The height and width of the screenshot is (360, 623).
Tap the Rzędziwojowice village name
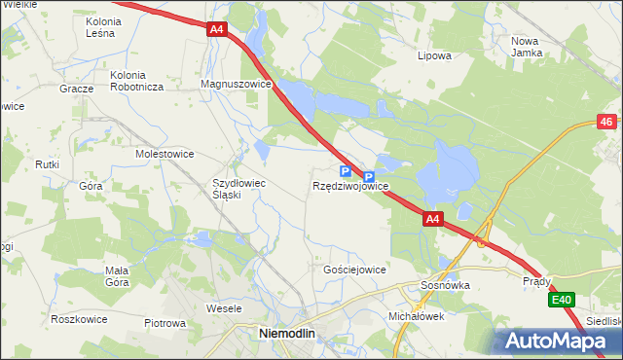[x=351, y=186]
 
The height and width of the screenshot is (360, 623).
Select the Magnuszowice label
[x=235, y=85]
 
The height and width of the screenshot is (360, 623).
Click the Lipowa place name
[x=434, y=55]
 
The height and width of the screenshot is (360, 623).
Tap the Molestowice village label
[x=165, y=154]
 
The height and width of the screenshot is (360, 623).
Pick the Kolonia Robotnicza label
[x=136, y=80]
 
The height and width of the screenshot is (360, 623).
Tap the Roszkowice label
[x=79, y=318]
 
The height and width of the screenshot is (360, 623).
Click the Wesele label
[x=224, y=308]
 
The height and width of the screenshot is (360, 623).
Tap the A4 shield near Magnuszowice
[x=217, y=30]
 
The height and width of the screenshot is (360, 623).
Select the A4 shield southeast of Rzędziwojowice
[x=434, y=220]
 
